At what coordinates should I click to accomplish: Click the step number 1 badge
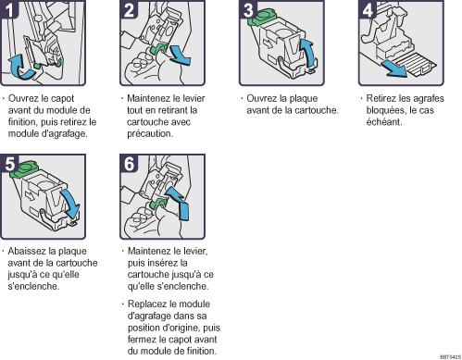click(x=8, y=9)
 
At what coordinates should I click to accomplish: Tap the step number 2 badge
click(x=129, y=9)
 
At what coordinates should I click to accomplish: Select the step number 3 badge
click(x=248, y=9)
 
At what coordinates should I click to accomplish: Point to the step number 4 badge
click(x=368, y=9)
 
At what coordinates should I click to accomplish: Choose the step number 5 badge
click(x=9, y=163)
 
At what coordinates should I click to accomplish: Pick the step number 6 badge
click(x=129, y=163)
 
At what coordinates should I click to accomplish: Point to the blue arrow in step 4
click(x=394, y=69)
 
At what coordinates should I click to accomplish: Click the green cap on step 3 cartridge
click(x=261, y=18)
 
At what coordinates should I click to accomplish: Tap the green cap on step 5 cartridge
click(x=24, y=169)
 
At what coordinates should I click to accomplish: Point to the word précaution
click(x=150, y=134)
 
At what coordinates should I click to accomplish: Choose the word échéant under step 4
click(x=384, y=122)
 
